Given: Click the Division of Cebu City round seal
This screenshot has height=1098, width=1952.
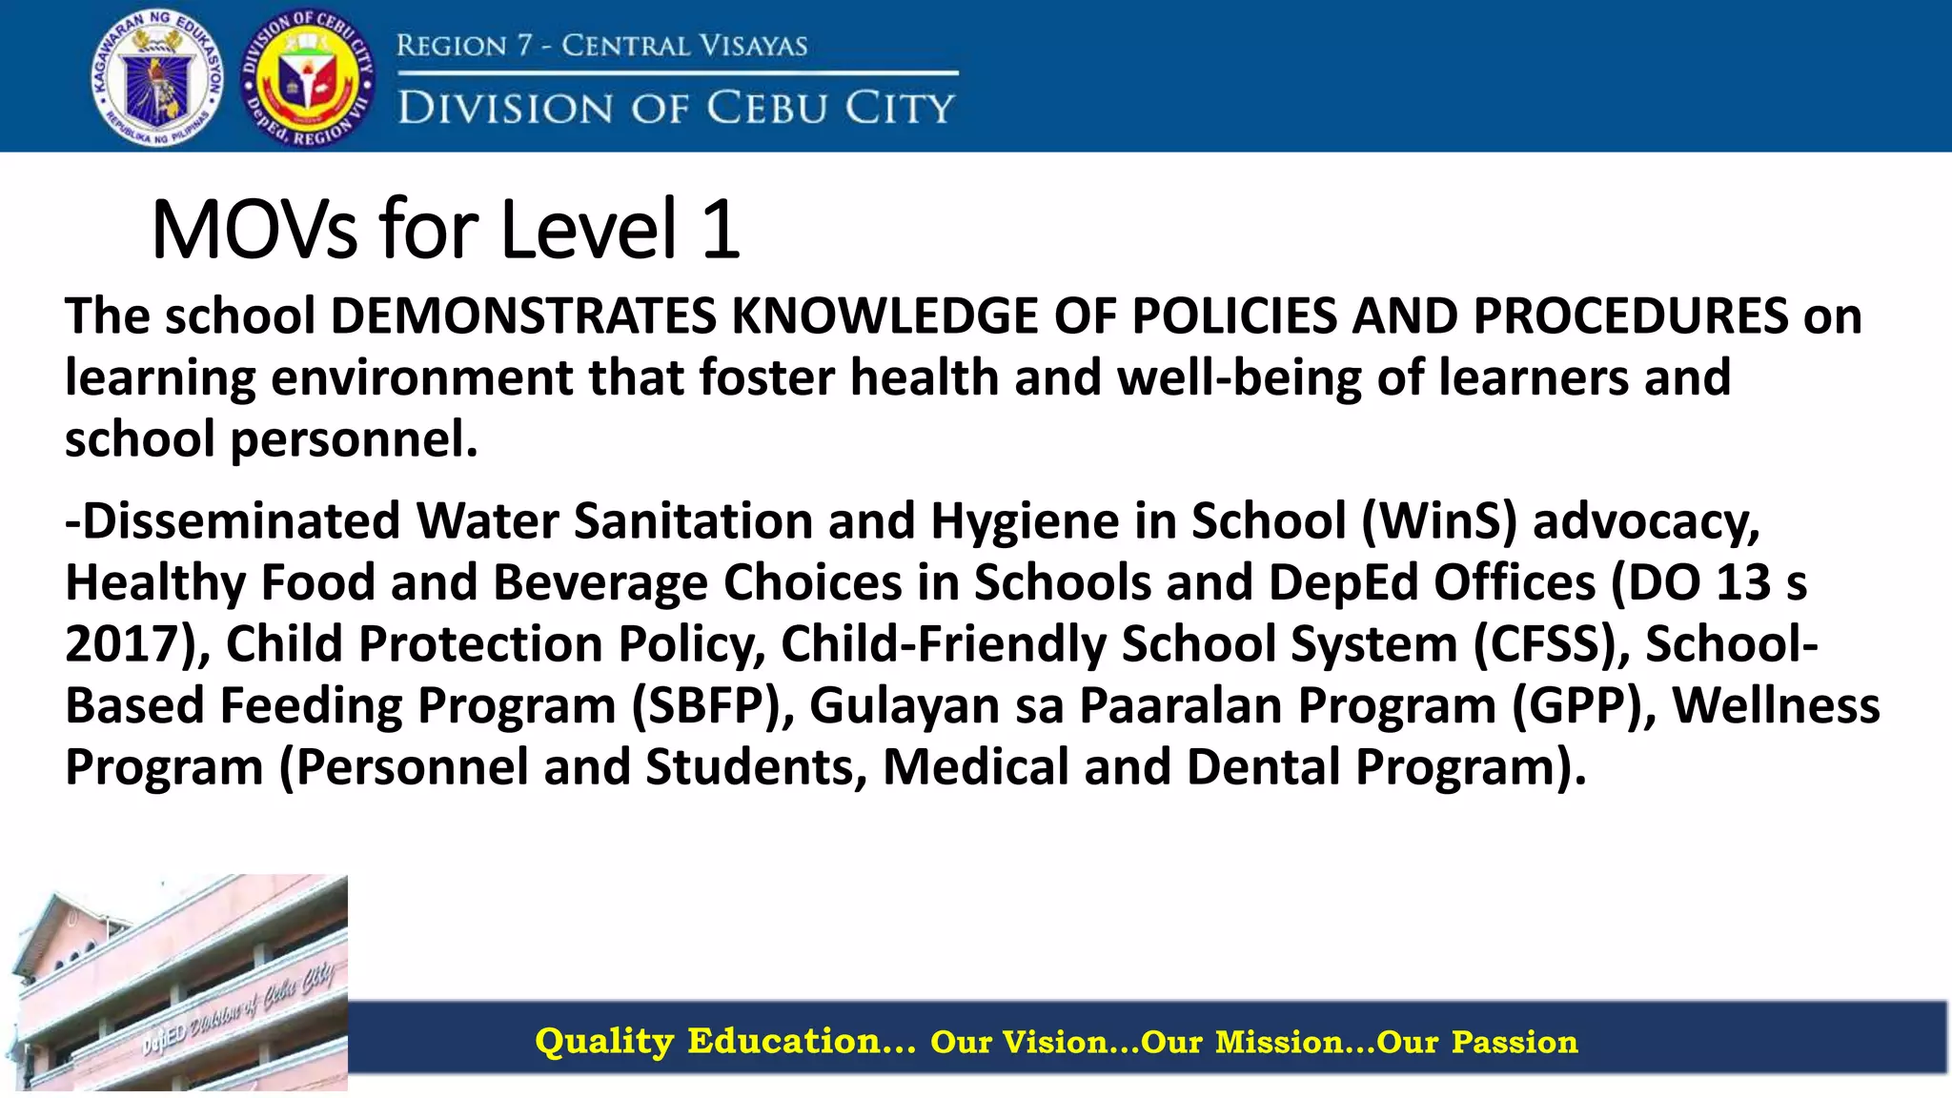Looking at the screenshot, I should click(x=309, y=78).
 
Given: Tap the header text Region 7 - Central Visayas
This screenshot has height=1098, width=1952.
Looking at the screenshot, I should click(x=601, y=45).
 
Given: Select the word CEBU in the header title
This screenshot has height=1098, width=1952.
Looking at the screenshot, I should click(x=767, y=108).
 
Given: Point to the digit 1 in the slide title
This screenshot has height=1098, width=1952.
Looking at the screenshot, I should click(x=721, y=230).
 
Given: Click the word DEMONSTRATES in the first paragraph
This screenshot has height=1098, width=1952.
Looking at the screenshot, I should click(x=523, y=316).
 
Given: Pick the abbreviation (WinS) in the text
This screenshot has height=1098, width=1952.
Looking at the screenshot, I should click(x=1439, y=521).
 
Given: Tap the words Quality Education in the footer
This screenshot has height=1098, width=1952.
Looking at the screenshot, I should click(x=724, y=1041).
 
